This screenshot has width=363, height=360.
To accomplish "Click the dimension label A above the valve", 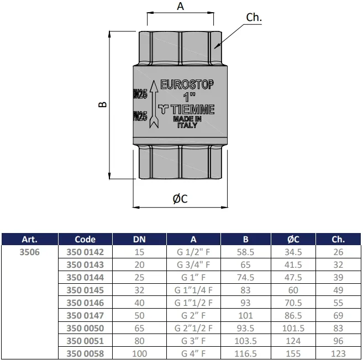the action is coord(180,6).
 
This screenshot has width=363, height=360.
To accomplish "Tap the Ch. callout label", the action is coord(254,17).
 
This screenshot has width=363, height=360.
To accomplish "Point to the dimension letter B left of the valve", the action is coord(103,104).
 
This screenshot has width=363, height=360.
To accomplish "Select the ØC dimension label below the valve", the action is coord(180,199).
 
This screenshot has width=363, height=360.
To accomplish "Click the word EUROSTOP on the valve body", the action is coord(187,84).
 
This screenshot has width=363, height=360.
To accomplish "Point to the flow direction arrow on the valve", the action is coord(154,104).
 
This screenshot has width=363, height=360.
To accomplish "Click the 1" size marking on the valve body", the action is coord(189,97).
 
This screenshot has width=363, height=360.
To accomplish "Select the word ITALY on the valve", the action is coord(187,125).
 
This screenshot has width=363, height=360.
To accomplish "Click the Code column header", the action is coord(85,239).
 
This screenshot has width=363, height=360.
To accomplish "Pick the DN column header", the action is coord(139,239).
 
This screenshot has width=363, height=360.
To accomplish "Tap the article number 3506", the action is coord(30,252).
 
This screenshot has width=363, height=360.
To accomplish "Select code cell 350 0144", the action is coord(85,277).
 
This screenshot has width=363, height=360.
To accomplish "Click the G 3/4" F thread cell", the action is coord(193,264).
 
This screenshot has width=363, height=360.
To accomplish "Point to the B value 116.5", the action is coord(246,353).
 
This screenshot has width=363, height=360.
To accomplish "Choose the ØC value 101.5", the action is coord(293,328).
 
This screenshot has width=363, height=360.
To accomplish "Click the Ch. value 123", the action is coord(338,353).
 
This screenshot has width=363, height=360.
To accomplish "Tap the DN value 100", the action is coord(139,353).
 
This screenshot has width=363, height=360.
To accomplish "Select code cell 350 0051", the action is coord(85,341).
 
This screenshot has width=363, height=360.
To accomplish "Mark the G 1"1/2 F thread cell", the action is coord(193,303).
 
